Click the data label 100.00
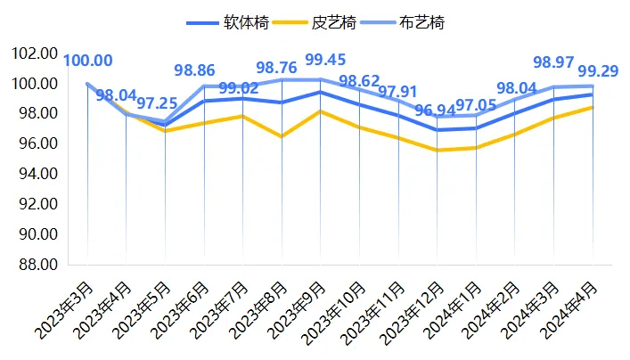87,61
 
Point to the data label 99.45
326,61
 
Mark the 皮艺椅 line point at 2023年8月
282,136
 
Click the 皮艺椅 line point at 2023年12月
438,150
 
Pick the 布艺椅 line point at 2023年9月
321,79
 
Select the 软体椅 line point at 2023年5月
165,125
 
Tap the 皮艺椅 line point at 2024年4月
593,107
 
